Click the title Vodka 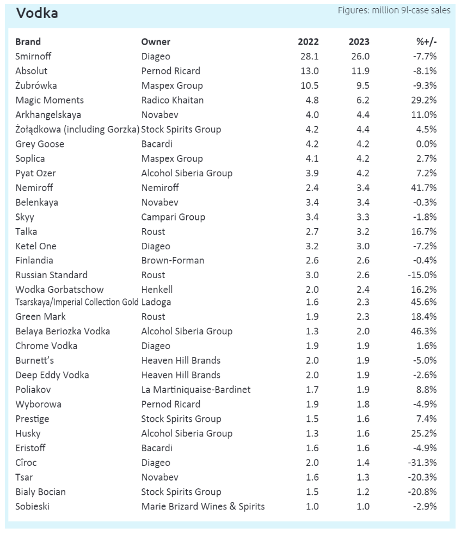pyautogui.click(x=37, y=14)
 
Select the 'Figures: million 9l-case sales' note pyautogui.click(x=394, y=10)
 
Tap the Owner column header pyautogui.click(x=156, y=42)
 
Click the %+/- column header pyautogui.click(x=426, y=42)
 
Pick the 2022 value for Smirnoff pyautogui.click(x=310, y=57)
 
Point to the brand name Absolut pyautogui.click(x=32, y=71)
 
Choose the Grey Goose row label pyautogui.click(x=40, y=144)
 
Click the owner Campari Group pyautogui.click(x=173, y=217)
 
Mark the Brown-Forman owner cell pyautogui.click(x=173, y=261)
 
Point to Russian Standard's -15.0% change pyautogui.click(x=422, y=275)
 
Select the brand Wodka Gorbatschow pyautogui.click(x=59, y=290)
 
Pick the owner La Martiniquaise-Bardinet pyautogui.click(x=196, y=390)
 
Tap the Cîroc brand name pyautogui.click(x=26, y=463)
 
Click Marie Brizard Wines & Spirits pyautogui.click(x=203, y=506)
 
